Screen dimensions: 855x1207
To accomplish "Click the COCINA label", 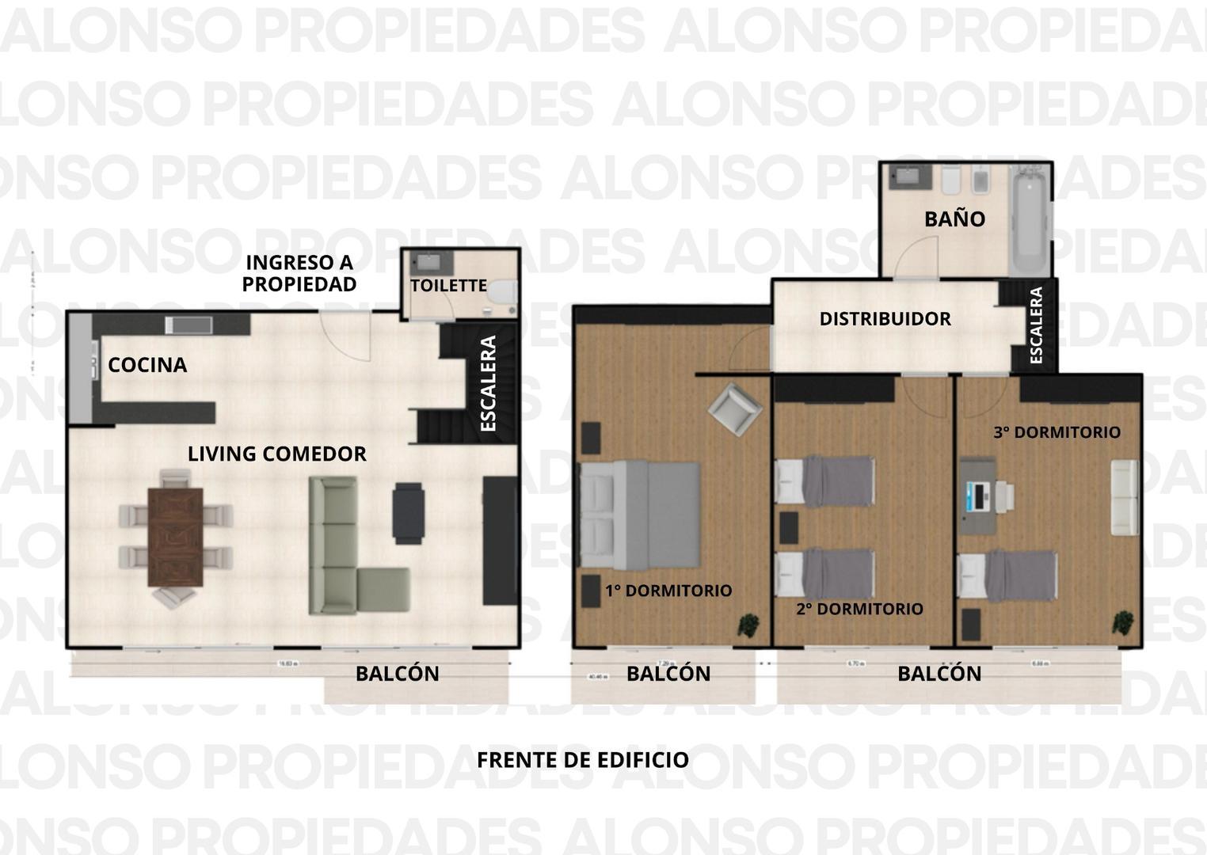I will point(147,365).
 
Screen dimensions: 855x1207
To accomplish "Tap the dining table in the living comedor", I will point(175,537).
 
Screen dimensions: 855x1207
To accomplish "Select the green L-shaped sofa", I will point(341,554).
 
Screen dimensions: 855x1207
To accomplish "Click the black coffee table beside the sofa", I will point(409,513).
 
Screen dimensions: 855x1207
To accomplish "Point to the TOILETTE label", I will point(448,286).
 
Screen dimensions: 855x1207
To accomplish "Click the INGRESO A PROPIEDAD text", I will point(299,273).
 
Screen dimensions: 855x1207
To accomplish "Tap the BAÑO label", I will point(954,219).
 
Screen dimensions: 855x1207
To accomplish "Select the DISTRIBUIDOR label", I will point(885,319).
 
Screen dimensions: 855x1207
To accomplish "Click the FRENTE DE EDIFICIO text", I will point(582,760).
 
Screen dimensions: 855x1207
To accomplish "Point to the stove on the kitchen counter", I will point(189,324).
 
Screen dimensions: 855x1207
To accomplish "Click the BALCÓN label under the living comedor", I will point(397,674).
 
